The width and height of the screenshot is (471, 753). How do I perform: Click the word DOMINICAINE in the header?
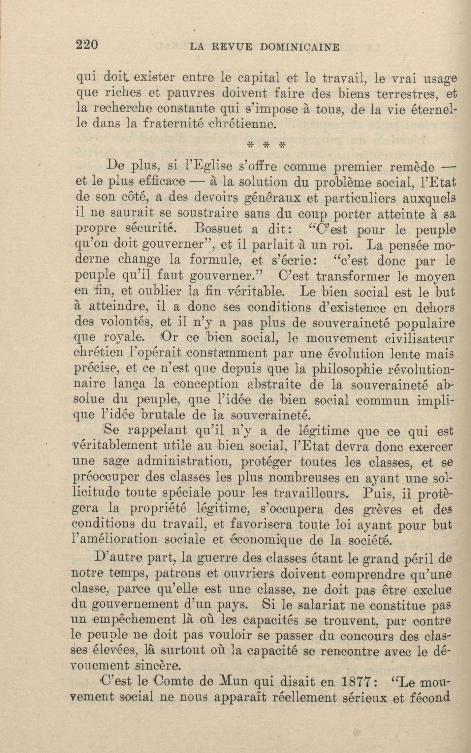[x=299, y=47]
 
